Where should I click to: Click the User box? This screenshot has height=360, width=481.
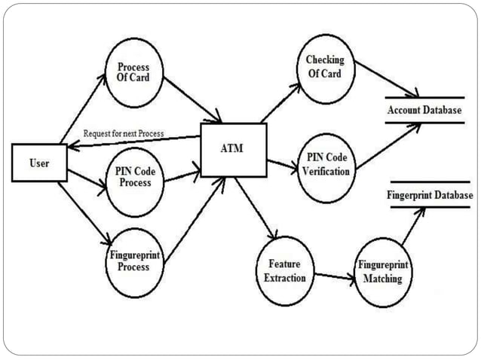(39, 163)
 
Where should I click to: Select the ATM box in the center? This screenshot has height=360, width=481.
(231, 146)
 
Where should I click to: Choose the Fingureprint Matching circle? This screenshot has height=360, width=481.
(382, 272)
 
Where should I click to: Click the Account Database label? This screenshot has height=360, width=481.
(424, 111)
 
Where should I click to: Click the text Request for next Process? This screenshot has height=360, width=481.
(124, 133)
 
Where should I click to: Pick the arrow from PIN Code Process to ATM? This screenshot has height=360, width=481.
(182, 177)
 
